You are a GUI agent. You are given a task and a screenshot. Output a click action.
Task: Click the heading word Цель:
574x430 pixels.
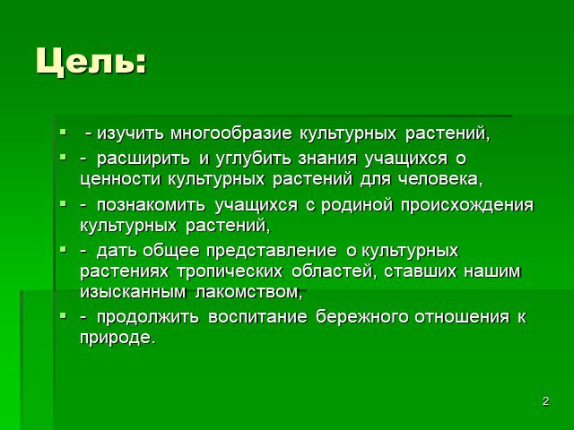coord(91,62)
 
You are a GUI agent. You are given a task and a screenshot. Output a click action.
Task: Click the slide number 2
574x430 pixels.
coord(545,401)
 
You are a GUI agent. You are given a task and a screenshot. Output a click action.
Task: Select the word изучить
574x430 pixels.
coord(130,133)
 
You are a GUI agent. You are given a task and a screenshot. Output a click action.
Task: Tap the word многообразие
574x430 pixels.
coord(231,133)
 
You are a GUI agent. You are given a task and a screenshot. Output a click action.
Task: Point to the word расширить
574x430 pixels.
coord(143,159)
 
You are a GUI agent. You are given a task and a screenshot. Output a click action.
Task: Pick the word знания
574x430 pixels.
coord(327,159)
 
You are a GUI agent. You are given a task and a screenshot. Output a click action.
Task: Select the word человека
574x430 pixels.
coord(438,179)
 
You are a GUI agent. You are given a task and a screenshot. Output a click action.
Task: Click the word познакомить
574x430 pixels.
coord(151,205)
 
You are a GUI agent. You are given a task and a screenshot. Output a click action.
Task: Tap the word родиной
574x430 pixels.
coord(357,205)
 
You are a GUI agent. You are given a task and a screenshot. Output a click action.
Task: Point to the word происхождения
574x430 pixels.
coord(467,205)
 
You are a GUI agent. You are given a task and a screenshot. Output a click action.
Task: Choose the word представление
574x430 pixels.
coord(271,251)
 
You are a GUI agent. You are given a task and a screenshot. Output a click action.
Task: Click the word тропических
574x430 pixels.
coord(230,271)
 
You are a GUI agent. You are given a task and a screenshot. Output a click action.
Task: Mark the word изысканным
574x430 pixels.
coord(133,293)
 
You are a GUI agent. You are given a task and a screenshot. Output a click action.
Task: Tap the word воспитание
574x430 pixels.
coord(257,317)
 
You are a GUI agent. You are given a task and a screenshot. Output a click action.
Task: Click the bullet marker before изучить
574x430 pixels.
coord(63,131)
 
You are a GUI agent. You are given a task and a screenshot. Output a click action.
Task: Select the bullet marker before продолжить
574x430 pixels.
coord(63,314)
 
